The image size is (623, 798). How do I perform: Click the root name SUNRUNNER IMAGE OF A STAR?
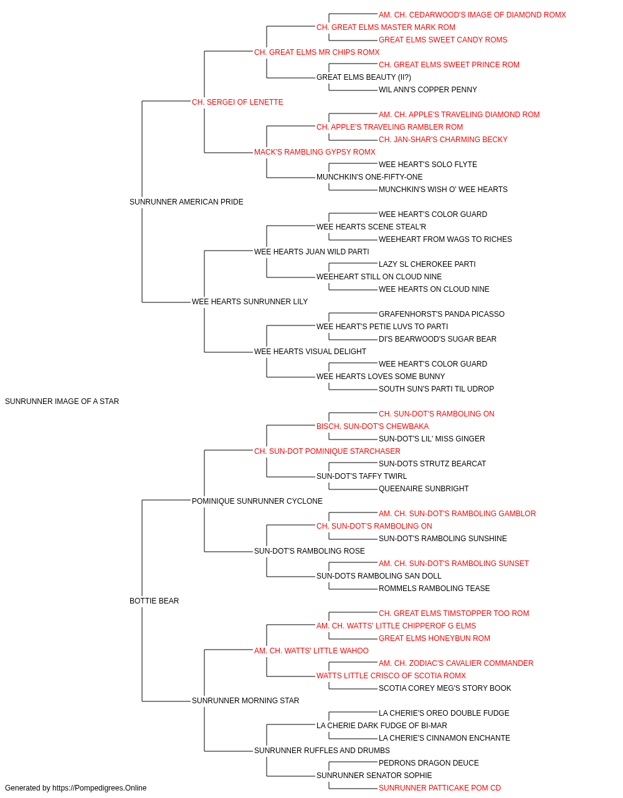pyautogui.click(x=62, y=401)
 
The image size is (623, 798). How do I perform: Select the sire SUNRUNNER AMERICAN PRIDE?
pyautogui.click(x=186, y=202)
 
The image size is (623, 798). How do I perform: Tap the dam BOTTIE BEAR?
pyautogui.click(x=154, y=601)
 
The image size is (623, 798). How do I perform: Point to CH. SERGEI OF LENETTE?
pyautogui.click(x=237, y=102)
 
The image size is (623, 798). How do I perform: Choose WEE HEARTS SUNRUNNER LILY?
pyautogui.click(x=250, y=302)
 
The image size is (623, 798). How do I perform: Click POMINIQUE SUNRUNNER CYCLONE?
pyautogui.click(x=257, y=501)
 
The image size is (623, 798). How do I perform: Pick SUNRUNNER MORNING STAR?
pyautogui.click(x=245, y=701)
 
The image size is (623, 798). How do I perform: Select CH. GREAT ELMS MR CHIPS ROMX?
pyautogui.click(x=317, y=52)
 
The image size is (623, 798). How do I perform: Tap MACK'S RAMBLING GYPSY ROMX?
pyautogui.click(x=315, y=152)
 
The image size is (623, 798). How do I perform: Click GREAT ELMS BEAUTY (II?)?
pyautogui.click(x=364, y=77)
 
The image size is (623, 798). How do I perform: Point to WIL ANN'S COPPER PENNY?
pyautogui.click(x=428, y=90)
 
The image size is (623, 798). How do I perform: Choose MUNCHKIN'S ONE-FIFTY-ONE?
pyautogui.click(x=369, y=177)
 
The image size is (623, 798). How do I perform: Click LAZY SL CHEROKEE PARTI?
pyautogui.click(x=427, y=264)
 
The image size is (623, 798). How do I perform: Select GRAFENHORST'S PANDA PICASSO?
pyautogui.click(x=441, y=314)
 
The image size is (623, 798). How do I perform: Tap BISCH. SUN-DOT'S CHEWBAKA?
pyautogui.click(x=373, y=426)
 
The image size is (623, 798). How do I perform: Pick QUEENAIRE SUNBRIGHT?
pyautogui.click(x=424, y=489)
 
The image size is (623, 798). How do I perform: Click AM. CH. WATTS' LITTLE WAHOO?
pyautogui.click(x=311, y=651)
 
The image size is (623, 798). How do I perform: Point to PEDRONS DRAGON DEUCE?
pyautogui.click(x=429, y=763)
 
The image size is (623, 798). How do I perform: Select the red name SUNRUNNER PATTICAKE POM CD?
pyautogui.click(x=440, y=788)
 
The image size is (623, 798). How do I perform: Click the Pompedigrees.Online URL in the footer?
pyautogui.click(x=99, y=788)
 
